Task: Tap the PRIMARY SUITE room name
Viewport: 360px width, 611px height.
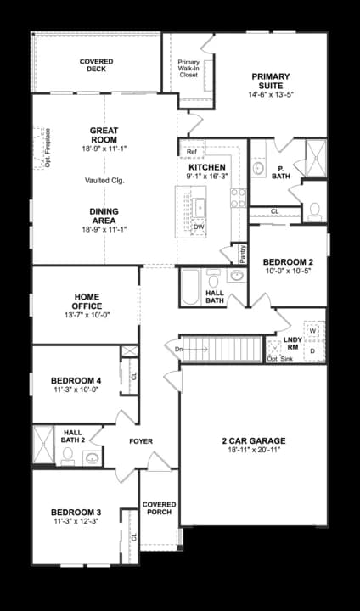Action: click(271, 81)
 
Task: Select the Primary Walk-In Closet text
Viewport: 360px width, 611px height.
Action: click(188, 68)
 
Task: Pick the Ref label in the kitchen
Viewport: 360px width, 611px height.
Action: click(192, 153)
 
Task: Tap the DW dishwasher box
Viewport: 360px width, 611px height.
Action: click(199, 227)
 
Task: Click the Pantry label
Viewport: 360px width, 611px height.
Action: click(242, 254)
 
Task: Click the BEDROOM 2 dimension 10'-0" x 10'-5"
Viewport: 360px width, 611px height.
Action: click(287, 272)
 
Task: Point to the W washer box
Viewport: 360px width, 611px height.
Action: click(312, 331)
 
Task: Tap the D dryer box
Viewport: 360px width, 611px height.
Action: click(312, 350)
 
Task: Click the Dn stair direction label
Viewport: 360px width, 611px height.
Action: click(178, 349)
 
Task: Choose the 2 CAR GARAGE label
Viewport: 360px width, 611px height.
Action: click(253, 440)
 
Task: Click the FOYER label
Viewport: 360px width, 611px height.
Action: click(140, 441)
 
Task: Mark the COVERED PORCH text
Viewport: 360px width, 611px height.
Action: click(159, 507)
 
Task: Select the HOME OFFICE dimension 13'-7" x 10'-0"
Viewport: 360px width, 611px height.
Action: click(87, 315)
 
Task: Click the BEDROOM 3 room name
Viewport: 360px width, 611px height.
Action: click(76, 512)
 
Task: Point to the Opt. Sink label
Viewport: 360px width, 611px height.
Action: click(278, 359)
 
